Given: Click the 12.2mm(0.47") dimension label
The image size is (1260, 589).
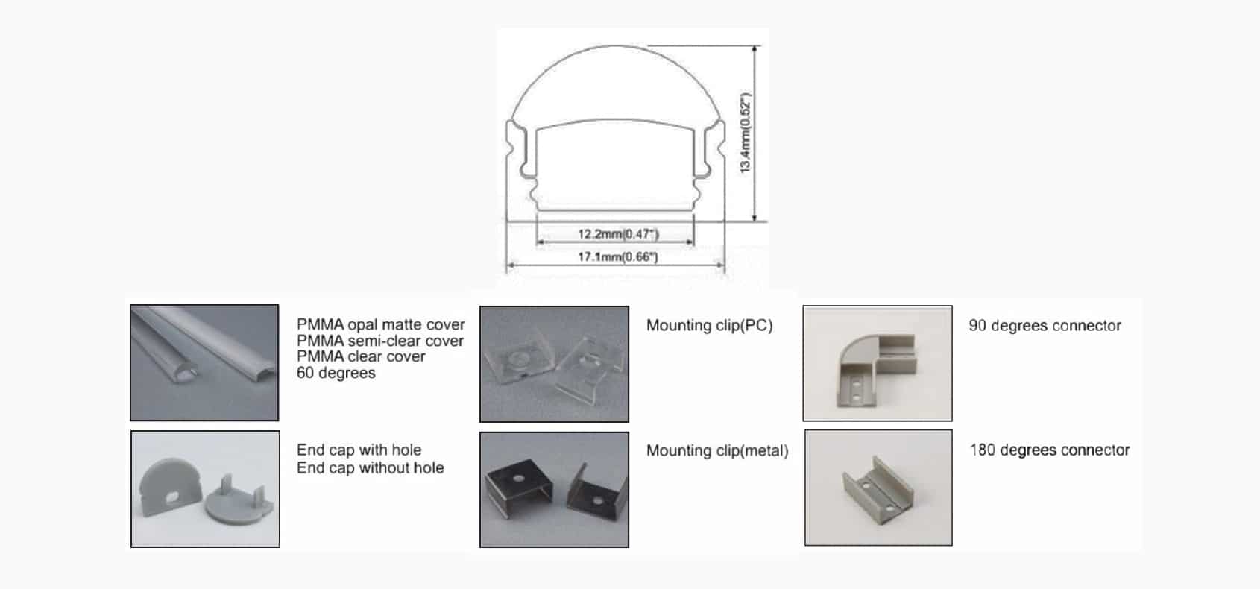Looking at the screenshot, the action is point(618,233).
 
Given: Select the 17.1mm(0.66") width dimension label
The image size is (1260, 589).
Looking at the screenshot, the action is point(617,257).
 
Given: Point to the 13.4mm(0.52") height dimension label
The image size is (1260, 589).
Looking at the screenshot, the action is point(745,133).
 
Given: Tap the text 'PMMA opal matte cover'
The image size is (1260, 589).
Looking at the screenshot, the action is point(381,324).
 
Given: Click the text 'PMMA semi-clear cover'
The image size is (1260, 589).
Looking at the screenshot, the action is point(380,341).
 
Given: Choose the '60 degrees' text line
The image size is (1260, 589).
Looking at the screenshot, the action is point(336,373).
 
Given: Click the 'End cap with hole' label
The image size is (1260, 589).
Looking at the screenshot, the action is point(359,450).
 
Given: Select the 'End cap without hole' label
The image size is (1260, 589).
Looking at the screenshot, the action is point(370,467).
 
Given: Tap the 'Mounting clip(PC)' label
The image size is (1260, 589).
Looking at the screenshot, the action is point(709,325).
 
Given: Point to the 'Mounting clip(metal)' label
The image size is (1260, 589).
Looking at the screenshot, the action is point(717,450).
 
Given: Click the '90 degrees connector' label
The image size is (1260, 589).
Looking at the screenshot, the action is point(1045,326).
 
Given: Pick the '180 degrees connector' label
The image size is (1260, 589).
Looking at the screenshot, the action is point(1050,450).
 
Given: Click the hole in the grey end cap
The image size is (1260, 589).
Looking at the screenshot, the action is point(172,497).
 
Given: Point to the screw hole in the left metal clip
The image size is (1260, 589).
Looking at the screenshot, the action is point(518,479).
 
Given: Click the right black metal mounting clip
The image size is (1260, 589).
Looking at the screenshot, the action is point(596,491).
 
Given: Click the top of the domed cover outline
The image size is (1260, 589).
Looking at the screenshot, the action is point(615,46).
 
